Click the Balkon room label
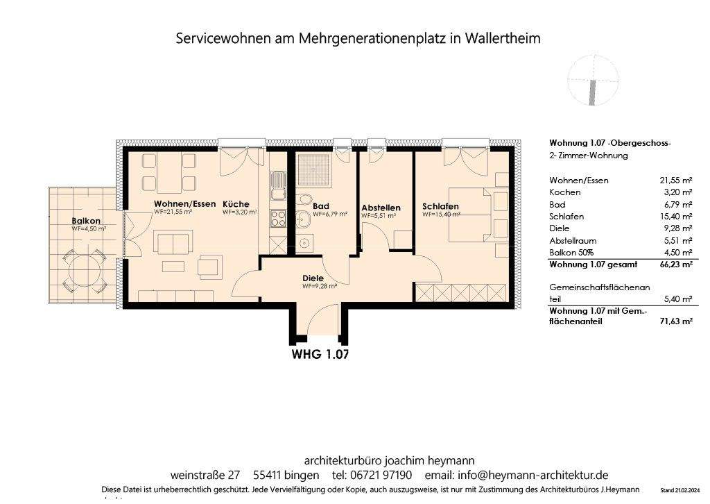pyautogui.click(x=86, y=221)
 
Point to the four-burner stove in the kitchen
pyautogui.click(x=277, y=218)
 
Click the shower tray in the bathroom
pyautogui.click(x=315, y=171)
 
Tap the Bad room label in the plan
pyautogui.click(x=321, y=206)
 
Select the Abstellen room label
pyautogui.click(x=381, y=208)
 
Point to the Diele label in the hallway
pyautogui.click(x=313, y=278)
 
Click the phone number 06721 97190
pyautogui.click(x=381, y=476)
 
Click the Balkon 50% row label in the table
pyautogui.click(x=571, y=253)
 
